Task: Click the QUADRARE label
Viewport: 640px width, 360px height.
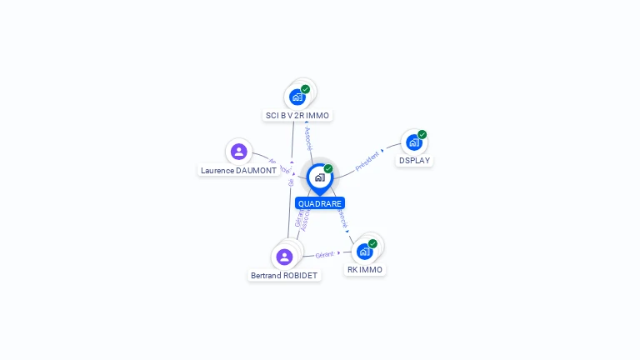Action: point(319,203)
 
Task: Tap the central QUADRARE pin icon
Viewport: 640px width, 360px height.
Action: point(319,177)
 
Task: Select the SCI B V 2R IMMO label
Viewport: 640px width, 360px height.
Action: point(297,116)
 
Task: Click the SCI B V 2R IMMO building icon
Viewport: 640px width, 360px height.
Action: point(297,97)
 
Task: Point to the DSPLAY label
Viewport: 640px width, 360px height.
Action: point(414,161)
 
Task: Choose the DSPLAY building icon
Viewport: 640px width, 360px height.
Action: point(413,142)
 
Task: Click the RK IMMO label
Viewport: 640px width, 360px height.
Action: point(365,270)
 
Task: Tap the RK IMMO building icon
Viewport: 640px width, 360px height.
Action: point(364,251)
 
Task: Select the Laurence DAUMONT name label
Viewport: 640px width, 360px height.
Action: point(238,171)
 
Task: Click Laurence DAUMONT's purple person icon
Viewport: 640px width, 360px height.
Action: point(239,152)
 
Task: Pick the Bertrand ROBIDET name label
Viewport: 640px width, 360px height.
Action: point(284,276)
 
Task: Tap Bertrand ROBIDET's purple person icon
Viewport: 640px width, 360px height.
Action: point(284,257)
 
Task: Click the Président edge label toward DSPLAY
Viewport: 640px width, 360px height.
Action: point(367,161)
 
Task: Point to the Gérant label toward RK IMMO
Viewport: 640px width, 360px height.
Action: point(324,254)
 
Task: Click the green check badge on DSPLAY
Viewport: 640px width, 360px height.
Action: point(422,134)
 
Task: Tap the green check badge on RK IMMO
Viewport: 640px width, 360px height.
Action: point(372,243)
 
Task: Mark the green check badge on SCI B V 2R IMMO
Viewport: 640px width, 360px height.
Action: point(305,89)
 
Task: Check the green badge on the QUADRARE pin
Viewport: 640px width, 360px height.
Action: point(328,169)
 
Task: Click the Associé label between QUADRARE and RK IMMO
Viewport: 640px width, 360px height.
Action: point(342,218)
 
